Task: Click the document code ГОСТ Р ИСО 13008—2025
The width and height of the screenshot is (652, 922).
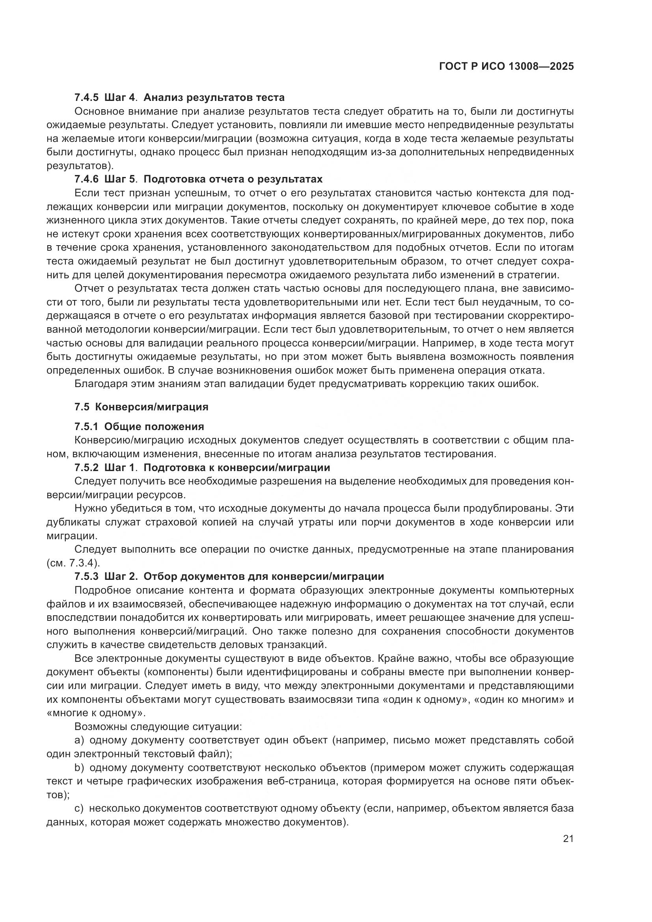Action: (506, 67)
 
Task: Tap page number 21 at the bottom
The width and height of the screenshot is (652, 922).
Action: (568, 838)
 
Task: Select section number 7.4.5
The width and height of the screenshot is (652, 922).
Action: (86, 97)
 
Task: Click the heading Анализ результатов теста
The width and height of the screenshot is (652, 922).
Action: (214, 97)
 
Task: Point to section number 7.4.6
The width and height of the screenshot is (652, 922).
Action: (86, 179)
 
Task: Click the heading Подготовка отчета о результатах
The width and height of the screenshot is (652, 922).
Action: (233, 179)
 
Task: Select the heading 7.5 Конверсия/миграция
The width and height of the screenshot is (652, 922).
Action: (142, 407)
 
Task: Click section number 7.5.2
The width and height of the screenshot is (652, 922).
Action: (86, 468)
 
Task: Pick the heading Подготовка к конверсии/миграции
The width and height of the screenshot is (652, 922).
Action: (237, 468)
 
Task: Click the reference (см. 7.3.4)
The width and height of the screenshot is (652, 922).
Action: (73, 563)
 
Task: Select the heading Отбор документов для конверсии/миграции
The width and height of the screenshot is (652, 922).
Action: (264, 577)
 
